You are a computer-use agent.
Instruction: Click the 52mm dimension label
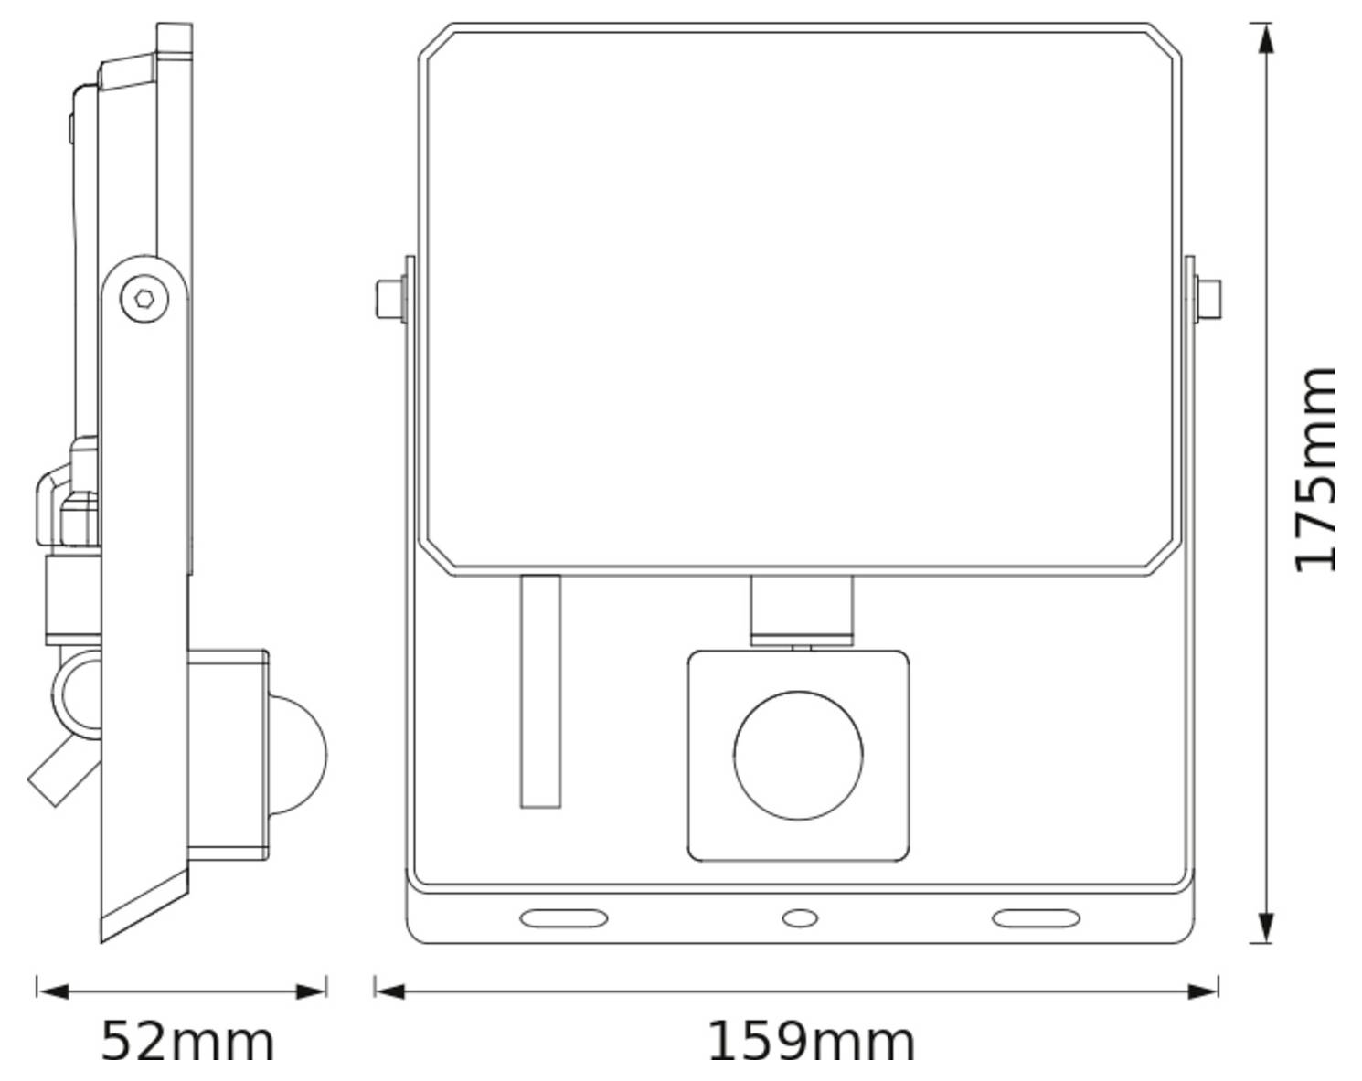(x=186, y=1041)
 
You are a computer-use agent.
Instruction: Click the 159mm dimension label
(x=811, y=1041)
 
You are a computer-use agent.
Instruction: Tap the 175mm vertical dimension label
(x=1316, y=470)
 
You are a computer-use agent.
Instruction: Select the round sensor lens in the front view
(x=798, y=755)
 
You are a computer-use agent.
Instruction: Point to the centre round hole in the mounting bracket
(x=799, y=917)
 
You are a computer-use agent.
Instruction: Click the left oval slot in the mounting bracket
(x=563, y=917)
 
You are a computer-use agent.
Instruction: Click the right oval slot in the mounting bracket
(x=1036, y=917)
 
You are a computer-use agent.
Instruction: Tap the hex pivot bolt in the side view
(x=143, y=297)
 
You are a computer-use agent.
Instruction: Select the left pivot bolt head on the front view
(x=389, y=299)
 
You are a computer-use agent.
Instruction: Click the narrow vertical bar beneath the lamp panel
(x=540, y=691)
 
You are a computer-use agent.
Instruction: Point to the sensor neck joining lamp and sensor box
(x=801, y=608)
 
